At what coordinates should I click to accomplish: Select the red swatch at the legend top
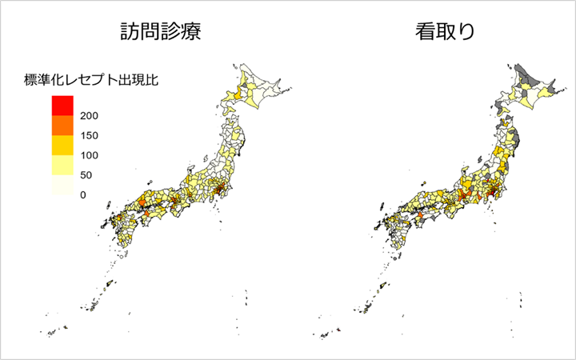(x=62, y=105)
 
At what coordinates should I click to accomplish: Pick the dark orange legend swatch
(x=62, y=125)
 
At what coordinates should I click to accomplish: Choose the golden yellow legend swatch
(x=62, y=145)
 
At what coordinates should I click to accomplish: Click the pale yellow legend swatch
(x=62, y=166)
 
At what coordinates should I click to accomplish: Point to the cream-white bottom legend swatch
(x=62, y=186)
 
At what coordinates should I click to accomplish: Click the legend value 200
(x=89, y=115)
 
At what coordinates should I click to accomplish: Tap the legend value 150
(x=89, y=135)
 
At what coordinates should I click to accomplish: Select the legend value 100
(x=89, y=155)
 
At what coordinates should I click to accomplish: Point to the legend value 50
(x=86, y=175)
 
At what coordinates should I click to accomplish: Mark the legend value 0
(x=83, y=195)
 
